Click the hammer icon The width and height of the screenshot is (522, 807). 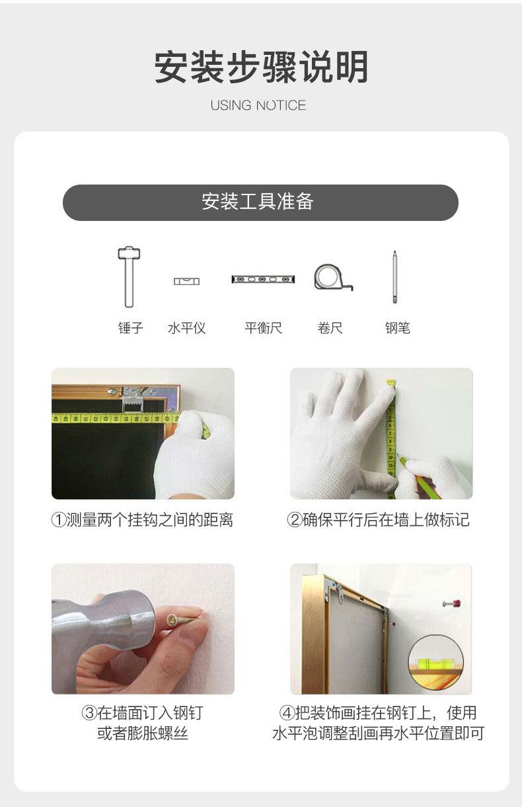point(129,276)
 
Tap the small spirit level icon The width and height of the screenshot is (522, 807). point(186,281)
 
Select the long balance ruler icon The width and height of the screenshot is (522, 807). point(263,279)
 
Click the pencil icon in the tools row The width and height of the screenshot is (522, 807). point(394,277)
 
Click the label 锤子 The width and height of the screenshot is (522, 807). point(130,328)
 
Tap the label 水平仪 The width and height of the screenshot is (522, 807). point(186,328)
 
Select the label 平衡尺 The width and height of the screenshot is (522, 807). point(263,328)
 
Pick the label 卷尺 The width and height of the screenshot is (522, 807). point(330,328)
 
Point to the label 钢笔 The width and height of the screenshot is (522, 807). point(397,328)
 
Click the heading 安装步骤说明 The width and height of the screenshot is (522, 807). point(261,67)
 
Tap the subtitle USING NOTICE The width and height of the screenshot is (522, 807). point(258,105)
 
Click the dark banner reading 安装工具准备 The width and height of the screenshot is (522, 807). point(260,202)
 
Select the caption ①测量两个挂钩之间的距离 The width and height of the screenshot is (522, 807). point(142,519)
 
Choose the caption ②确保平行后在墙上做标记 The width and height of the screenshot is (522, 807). point(379,519)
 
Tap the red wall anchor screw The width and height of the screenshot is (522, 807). point(452,603)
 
